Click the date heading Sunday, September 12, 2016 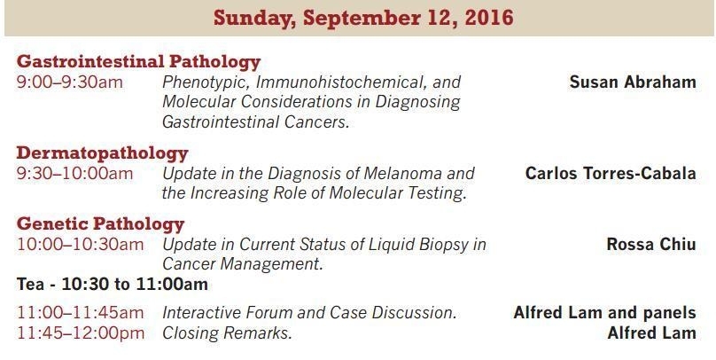click(363, 19)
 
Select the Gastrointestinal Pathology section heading click(138, 62)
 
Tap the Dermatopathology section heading click(102, 153)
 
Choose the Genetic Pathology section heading click(100, 224)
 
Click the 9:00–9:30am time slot click(70, 82)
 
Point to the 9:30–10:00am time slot click(75, 174)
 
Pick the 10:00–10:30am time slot click(81, 245)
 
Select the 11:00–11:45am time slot click(81, 313)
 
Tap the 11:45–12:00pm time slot click(81, 333)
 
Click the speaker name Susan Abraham click(633, 82)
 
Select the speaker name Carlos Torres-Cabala click(611, 174)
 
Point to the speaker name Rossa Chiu click(651, 245)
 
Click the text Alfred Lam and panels click(605, 313)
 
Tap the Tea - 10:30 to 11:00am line click(113, 285)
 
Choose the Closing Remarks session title click(227, 333)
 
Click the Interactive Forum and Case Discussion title click(309, 313)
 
